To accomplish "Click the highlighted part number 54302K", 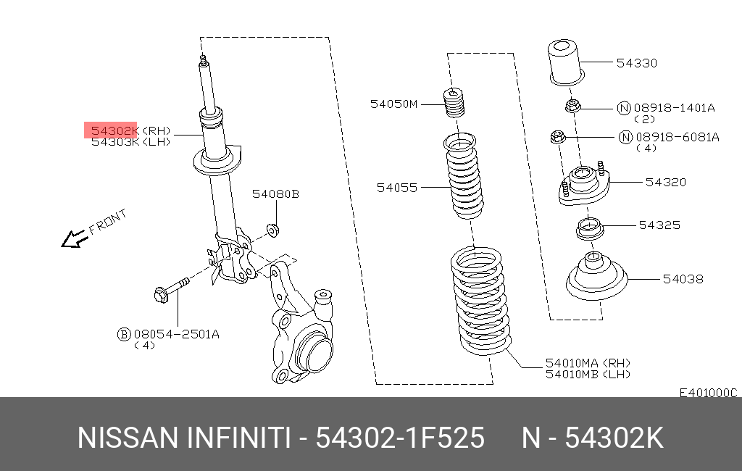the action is pyautogui.click(x=112, y=130).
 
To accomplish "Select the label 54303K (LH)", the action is pyautogui.click(x=130, y=142).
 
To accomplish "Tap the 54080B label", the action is pyautogui.click(x=275, y=194).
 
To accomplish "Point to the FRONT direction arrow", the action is pyautogui.click(x=72, y=238).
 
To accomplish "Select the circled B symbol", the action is pyautogui.click(x=124, y=334).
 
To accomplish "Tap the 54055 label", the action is pyautogui.click(x=396, y=188).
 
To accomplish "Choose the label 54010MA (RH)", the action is pyautogui.click(x=587, y=362).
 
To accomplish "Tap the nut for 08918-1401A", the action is pyautogui.click(x=572, y=107).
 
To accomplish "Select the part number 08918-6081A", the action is pyautogui.click(x=678, y=137).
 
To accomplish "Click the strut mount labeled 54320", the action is pyautogui.click(x=583, y=186).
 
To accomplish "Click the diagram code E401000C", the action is pyautogui.click(x=707, y=392).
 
